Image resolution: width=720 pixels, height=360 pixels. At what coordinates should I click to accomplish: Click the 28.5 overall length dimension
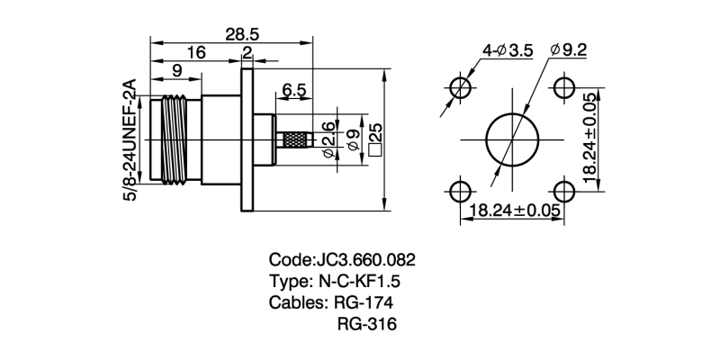[x=242, y=33]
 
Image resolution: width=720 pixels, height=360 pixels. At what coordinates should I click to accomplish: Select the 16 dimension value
[x=195, y=52]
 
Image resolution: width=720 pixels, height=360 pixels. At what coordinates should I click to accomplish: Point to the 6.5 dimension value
[x=293, y=90]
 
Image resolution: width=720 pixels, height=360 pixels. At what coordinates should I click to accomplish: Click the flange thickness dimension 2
[x=247, y=52]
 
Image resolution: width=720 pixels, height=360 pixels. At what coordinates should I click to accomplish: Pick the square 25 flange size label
[x=375, y=139]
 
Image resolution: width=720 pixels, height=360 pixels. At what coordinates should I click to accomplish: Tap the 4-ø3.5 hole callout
[x=508, y=50]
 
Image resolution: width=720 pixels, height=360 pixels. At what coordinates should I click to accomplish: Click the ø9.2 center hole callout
[x=568, y=49]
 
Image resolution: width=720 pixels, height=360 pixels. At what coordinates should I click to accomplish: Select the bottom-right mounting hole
[x=563, y=191]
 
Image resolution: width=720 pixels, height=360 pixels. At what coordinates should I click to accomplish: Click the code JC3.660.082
[x=342, y=259]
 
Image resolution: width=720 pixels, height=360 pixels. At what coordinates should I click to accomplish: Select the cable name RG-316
[x=367, y=324]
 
